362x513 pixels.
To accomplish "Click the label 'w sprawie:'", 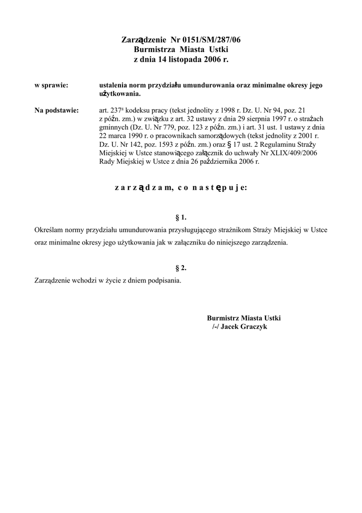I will point(51,86).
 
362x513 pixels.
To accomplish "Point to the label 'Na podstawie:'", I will point(57,111).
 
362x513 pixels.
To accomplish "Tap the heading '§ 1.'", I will point(181,217).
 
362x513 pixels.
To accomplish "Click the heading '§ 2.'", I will point(181,268).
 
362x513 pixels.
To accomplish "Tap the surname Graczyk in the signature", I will point(255,327).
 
